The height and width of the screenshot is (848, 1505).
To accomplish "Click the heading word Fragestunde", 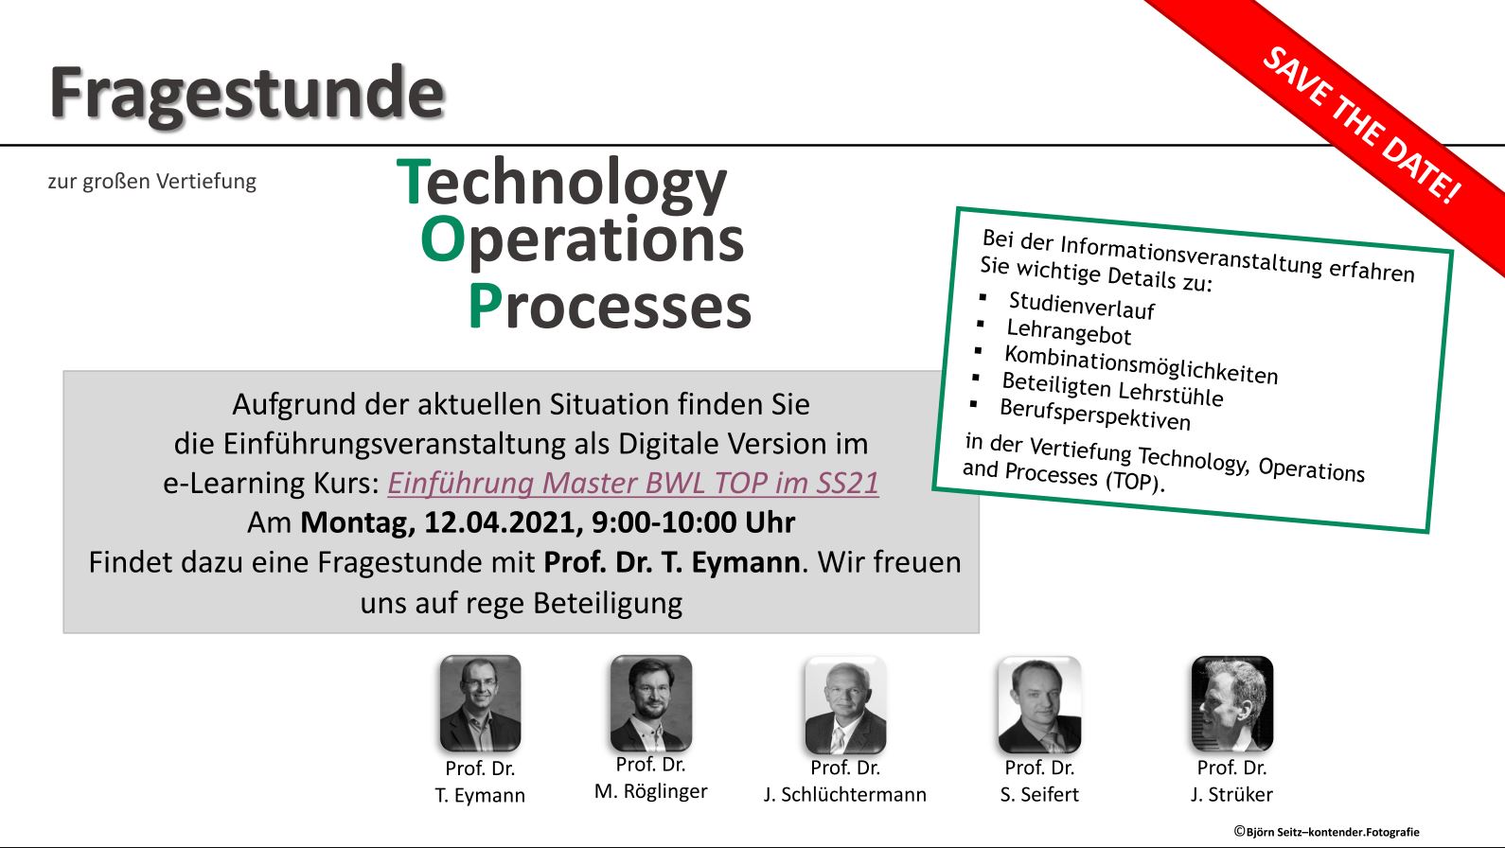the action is pos(247,93).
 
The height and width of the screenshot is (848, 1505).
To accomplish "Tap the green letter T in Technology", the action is pos(413,182).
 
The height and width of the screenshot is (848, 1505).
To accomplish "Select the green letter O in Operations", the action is pos(443,239).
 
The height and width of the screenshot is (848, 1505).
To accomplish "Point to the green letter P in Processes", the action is pos(485,305).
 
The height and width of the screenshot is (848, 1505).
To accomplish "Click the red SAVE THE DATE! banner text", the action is pos(1362,126).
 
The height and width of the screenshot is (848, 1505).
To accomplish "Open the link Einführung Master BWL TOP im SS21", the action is pos(633,483).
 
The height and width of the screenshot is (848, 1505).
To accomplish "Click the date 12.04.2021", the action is pos(504,522).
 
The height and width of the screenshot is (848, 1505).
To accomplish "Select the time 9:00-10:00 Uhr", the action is pos(694,522).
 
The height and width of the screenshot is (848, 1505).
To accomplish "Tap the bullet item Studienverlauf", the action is pos(1082,306).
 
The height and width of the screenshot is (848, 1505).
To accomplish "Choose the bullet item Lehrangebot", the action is pos(1069,331).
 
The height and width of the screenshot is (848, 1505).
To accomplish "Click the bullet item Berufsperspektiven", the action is pos(1095,414).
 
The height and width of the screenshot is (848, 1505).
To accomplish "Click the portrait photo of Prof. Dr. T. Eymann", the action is pos(481,703).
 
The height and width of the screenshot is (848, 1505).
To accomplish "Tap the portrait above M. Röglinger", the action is pos(651,703).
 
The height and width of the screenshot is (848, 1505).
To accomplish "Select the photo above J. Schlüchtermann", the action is pos(845,705).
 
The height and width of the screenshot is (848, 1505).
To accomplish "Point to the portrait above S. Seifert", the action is pos(1039,705).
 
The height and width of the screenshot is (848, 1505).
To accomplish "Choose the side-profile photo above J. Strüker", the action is pos(1232,703).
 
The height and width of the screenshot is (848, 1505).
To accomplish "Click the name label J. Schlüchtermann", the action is pos(845,795).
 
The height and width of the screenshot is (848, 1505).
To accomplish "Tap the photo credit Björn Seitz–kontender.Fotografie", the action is pos(1327,832).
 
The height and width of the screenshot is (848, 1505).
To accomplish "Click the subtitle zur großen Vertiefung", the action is pos(151,182).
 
